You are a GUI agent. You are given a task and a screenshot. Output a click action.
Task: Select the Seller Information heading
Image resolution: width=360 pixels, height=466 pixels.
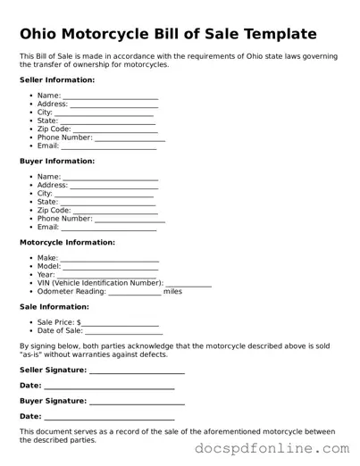[x=57, y=80]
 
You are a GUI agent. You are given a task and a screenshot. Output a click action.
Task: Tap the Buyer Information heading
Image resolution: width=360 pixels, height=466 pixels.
[x=57, y=162]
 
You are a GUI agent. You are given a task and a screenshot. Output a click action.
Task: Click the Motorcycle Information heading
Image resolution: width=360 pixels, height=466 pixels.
[x=67, y=243]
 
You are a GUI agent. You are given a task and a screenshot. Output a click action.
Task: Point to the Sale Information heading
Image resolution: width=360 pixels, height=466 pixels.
[x=54, y=307]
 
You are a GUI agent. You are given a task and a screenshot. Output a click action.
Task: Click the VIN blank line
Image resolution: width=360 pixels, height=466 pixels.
[x=188, y=285]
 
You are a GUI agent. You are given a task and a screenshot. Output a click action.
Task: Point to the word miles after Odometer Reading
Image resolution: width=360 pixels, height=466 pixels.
[x=172, y=292]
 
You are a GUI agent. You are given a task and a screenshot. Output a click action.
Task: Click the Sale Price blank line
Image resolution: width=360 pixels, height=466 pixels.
[x=121, y=324]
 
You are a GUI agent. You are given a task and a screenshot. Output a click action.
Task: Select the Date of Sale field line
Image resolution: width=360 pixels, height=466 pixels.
[x=124, y=333]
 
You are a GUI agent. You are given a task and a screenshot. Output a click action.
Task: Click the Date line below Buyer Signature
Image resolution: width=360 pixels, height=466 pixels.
[x=109, y=419]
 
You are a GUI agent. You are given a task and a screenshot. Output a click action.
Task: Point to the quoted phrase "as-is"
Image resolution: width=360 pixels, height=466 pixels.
[x=33, y=354]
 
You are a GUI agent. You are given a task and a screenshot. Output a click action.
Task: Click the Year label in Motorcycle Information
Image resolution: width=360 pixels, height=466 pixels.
[x=46, y=276]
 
